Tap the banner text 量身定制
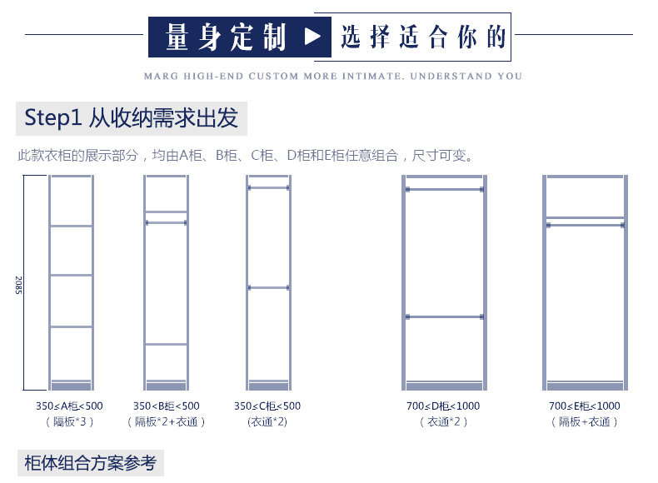[x=226, y=37]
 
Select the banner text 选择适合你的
[x=423, y=37]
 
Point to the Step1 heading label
[x=132, y=117]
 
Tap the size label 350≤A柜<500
[x=69, y=406]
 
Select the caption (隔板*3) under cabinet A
[x=69, y=422]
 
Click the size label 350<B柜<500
[x=166, y=406]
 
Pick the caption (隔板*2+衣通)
[x=166, y=422]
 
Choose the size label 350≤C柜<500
[x=267, y=406]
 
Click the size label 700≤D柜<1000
[x=443, y=406]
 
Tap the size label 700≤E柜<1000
[x=584, y=406]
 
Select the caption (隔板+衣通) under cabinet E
[x=584, y=422]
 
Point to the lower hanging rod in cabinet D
[x=444, y=316]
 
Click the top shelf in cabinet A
[x=71, y=226]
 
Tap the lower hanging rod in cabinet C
[x=267, y=288]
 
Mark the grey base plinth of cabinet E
[x=584, y=386]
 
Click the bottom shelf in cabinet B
[x=166, y=344]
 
